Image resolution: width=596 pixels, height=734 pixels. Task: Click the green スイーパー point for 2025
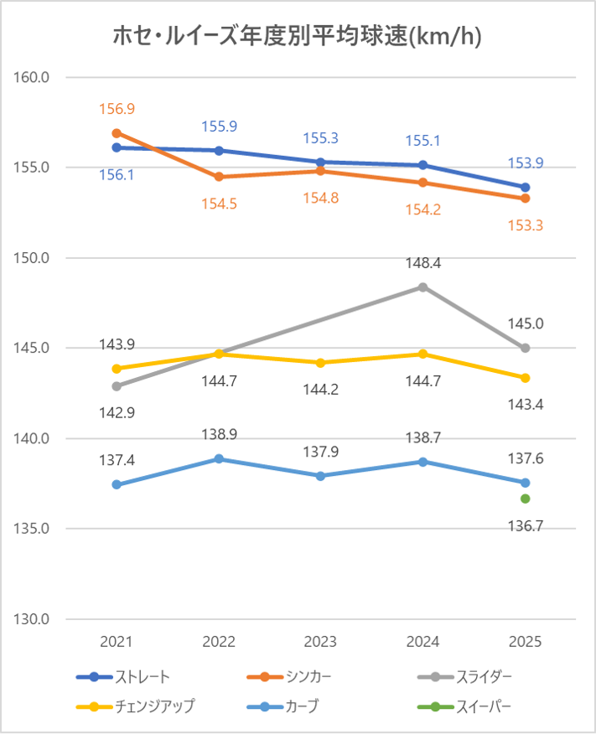point(526,499)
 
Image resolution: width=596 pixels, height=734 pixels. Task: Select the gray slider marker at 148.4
point(423,287)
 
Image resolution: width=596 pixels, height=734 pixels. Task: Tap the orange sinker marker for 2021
point(117,133)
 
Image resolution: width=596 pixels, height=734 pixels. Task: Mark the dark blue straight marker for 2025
point(526,187)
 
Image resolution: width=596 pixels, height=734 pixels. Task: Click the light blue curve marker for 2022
point(219,458)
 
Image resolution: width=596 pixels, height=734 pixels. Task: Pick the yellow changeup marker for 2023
point(321,363)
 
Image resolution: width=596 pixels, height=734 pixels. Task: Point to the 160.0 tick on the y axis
point(33,77)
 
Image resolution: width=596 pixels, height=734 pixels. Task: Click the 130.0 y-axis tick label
point(33,619)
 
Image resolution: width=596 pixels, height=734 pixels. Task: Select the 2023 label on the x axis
point(321,642)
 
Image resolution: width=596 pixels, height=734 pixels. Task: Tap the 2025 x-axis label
point(526,642)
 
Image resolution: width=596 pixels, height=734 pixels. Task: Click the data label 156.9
point(117,109)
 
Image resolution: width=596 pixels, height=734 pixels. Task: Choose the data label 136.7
point(526,525)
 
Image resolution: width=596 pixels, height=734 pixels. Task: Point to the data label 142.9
point(117,412)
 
